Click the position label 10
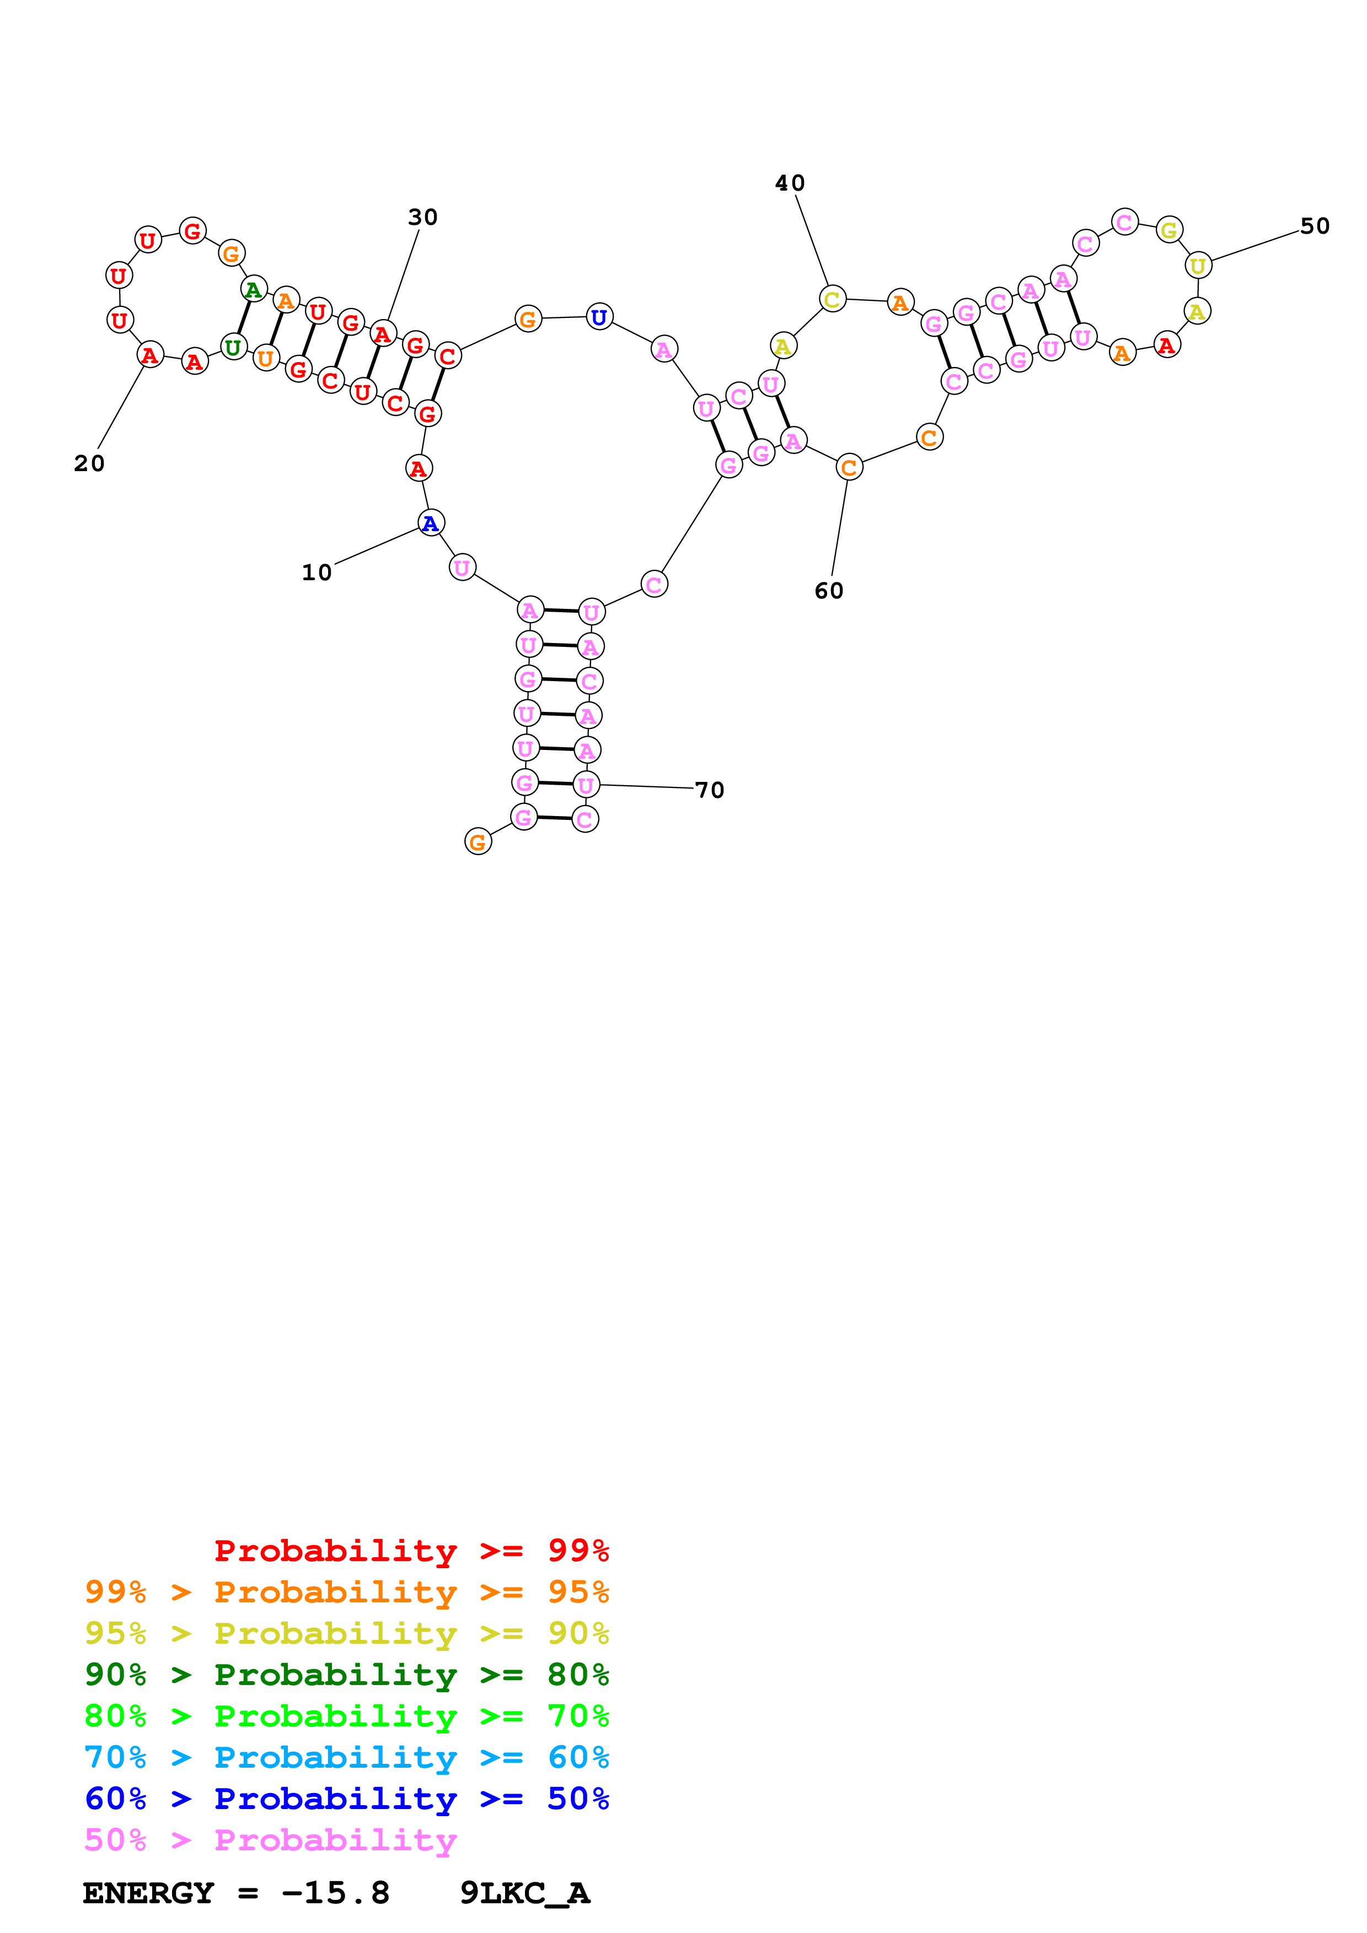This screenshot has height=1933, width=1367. (317, 573)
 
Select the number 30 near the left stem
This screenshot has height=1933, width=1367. (423, 217)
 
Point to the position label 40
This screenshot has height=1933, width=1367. (790, 183)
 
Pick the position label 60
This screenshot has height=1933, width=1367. (829, 591)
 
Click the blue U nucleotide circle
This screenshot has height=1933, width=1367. (599, 317)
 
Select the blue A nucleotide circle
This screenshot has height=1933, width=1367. (431, 523)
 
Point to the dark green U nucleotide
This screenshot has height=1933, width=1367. (233, 347)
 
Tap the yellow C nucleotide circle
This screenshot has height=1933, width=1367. (832, 299)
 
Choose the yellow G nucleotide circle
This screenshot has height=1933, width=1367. (1168, 230)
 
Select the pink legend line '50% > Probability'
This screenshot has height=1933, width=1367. (270, 1839)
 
